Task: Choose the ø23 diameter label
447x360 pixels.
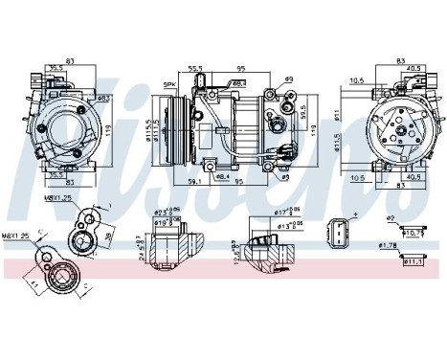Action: [168, 211]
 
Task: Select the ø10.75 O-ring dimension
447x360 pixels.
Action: [413, 233]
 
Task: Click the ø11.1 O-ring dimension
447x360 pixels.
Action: [413, 260]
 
